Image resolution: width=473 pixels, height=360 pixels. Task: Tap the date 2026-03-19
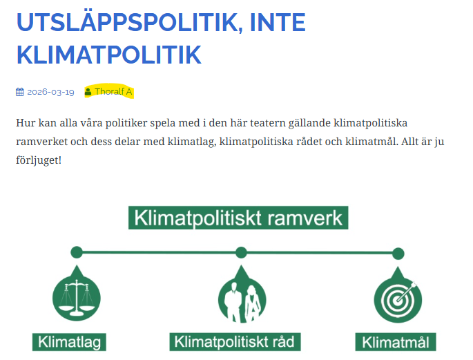click(x=50, y=92)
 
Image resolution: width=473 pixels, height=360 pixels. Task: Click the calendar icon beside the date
click(x=20, y=92)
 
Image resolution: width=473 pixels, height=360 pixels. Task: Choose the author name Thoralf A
click(x=113, y=92)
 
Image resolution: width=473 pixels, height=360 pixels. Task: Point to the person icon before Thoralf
click(x=88, y=92)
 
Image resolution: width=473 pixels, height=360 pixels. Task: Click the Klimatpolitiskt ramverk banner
click(x=238, y=218)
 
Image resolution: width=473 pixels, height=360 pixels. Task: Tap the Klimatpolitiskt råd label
click(x=235, y=342)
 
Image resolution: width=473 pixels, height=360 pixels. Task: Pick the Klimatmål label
click(x=396, y=342)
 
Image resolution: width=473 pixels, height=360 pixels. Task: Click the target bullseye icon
click(x=397, y=299)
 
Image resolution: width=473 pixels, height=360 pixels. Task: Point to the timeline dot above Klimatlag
click(x=77, y=252)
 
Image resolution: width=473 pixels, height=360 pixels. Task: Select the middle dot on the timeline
click(x=241, y=252)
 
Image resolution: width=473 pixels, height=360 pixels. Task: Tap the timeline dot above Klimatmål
click(x=398, y=252)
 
